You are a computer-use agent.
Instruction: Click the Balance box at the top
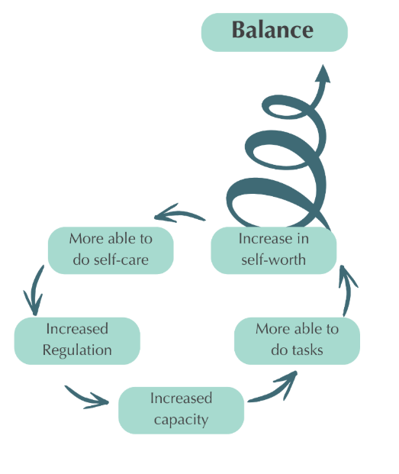274,32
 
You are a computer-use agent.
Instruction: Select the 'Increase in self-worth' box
273,250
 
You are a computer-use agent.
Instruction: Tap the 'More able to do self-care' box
111,250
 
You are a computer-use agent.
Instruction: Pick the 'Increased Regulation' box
77,340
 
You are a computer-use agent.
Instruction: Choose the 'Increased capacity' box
181,410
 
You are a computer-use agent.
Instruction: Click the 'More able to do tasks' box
297,340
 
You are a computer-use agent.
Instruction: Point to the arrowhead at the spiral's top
323,73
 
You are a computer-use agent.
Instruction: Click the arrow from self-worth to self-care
179,214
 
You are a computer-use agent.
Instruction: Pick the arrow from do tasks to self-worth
347,290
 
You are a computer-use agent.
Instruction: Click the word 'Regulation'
77,350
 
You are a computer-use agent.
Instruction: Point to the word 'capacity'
181,421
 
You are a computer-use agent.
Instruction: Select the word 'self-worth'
273,260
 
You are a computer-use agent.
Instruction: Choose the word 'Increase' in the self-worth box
262,239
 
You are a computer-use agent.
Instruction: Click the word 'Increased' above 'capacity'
181,398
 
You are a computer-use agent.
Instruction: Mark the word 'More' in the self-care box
87,239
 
